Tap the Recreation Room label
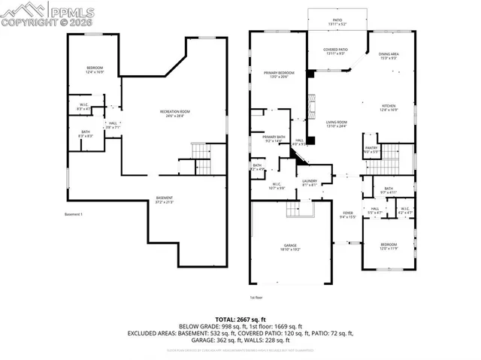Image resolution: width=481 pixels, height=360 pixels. click(x=173, y=113)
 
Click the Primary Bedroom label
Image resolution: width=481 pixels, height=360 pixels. click(x=279, y=74)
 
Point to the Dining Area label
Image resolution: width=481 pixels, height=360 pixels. click(x=389, y=56)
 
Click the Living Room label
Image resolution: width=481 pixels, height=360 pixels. click(x=336, y=124)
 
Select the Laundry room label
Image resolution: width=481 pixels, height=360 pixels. click(x=310, y=182)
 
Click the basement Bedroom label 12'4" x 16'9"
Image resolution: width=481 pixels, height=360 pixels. click(x=95, y=71)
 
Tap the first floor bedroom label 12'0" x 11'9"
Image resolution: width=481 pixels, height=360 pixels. click(x=389, y=247)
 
